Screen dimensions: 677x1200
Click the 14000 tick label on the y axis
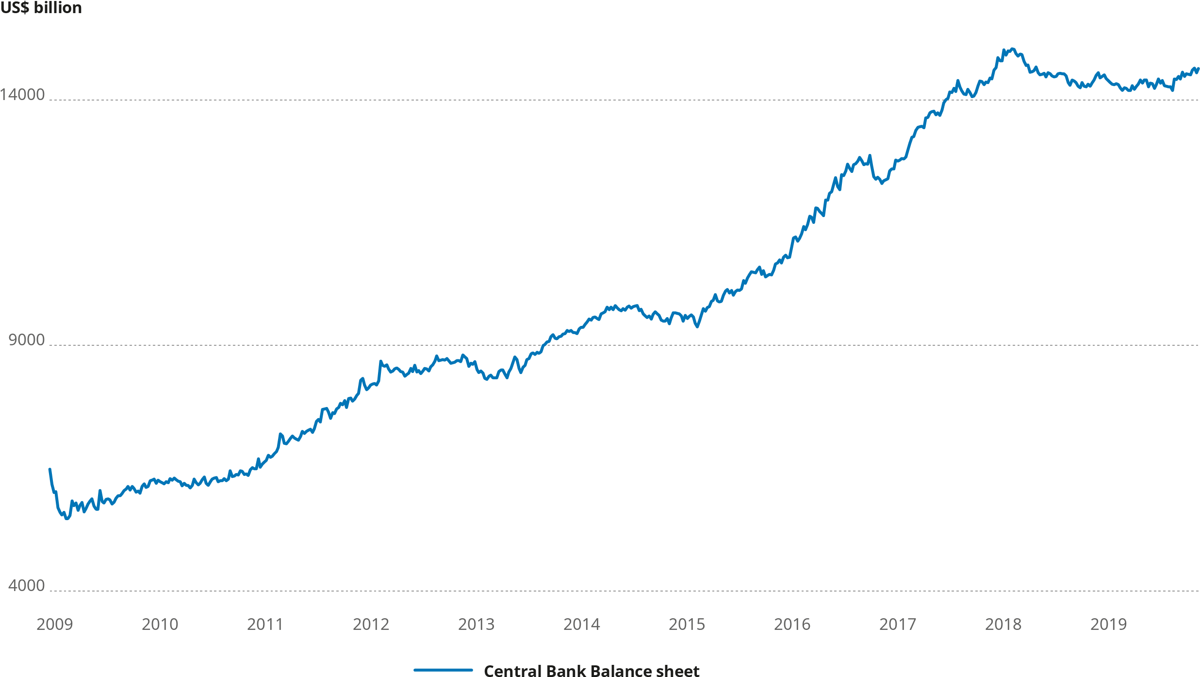(22, 95)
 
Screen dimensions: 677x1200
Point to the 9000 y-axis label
(27, 340)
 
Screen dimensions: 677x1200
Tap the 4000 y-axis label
(27, 586)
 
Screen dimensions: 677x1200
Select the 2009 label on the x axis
(54, 624)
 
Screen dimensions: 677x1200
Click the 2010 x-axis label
(160, 624)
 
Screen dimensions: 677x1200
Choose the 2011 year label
(265, 624)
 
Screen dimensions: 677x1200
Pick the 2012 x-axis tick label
(371, 624)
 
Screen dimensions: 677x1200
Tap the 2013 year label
(476, 624)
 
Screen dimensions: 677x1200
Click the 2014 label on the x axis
(581, 624)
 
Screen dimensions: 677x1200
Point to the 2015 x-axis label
(687, 624)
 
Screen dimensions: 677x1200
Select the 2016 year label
(792, 624)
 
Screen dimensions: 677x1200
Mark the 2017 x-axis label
(898, 624)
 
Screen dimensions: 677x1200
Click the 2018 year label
(1003, 624)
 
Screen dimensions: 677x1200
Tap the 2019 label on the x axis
(1108, 624)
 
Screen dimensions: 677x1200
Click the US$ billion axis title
(41, 8)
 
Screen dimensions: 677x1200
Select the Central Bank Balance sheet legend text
(592, 671)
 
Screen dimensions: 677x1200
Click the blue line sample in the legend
(443, 670)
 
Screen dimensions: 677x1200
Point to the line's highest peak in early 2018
(1012, 49)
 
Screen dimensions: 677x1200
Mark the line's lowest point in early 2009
(67, 519)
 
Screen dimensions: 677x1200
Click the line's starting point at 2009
(49, 469)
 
